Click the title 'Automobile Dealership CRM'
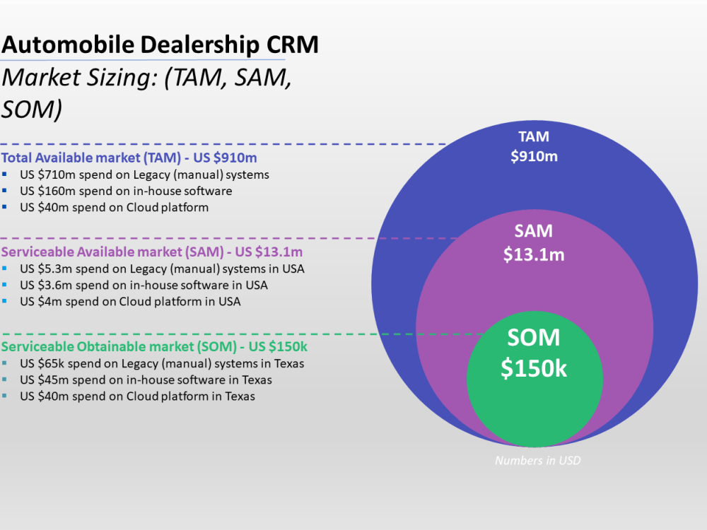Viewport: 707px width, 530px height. (x=160, y=45)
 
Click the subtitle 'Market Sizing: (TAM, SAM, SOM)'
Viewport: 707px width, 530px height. (x=146, y=93)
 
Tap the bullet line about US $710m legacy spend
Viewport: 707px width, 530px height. (x=144, y=174)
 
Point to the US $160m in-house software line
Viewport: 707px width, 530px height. (x=126, y=191)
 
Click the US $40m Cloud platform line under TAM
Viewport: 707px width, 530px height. (x=114, y=208)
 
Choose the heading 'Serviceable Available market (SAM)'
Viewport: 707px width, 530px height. (x=152, y=252)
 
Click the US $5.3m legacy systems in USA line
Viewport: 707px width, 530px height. (x=162, y=269)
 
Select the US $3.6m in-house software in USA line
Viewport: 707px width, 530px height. (x=144, y=285)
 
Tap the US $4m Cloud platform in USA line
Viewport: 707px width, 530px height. (x=130, y=302)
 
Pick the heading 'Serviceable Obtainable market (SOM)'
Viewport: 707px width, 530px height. (x=154, y=346)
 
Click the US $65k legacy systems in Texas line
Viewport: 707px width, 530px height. (x=162, y=363)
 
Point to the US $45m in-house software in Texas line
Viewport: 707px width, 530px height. (x=146, y=379)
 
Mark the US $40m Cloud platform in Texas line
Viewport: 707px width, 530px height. (x=137, y=396)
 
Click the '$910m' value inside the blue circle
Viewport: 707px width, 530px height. (x=534, y=156)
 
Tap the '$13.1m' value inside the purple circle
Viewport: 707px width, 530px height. (x=534, y=254)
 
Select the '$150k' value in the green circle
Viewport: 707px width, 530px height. (x=534, y=368)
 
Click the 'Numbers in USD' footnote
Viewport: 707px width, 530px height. (x=537, y=461)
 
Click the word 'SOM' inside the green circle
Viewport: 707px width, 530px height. (x=534, y=338)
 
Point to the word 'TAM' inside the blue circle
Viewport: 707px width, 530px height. (x=534, y=136)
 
